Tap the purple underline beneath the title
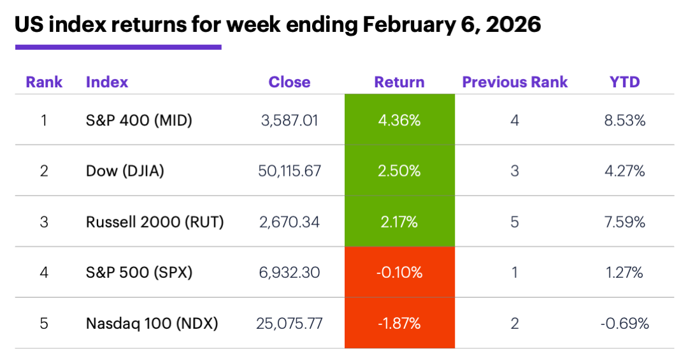coord(118,47)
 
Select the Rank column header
coord(44,82)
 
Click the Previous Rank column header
coord(515,82)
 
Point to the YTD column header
coord(624,82)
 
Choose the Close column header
coord(289,82)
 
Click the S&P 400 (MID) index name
coord(139,120)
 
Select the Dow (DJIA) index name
coord(125,171)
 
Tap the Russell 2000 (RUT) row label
coord(155,222)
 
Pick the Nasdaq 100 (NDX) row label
coord(152,324)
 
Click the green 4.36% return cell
coord(399,120)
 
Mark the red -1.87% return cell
coord(399,324)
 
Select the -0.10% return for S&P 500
coord(399,273)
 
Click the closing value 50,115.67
coord(290,171)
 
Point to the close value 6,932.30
coord(290,273)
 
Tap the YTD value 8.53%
coord(624,120)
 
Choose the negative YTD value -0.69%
coord(624,324)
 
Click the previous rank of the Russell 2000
coord(515,222)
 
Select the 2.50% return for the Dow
coord(399,171)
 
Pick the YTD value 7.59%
coord(624,222)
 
